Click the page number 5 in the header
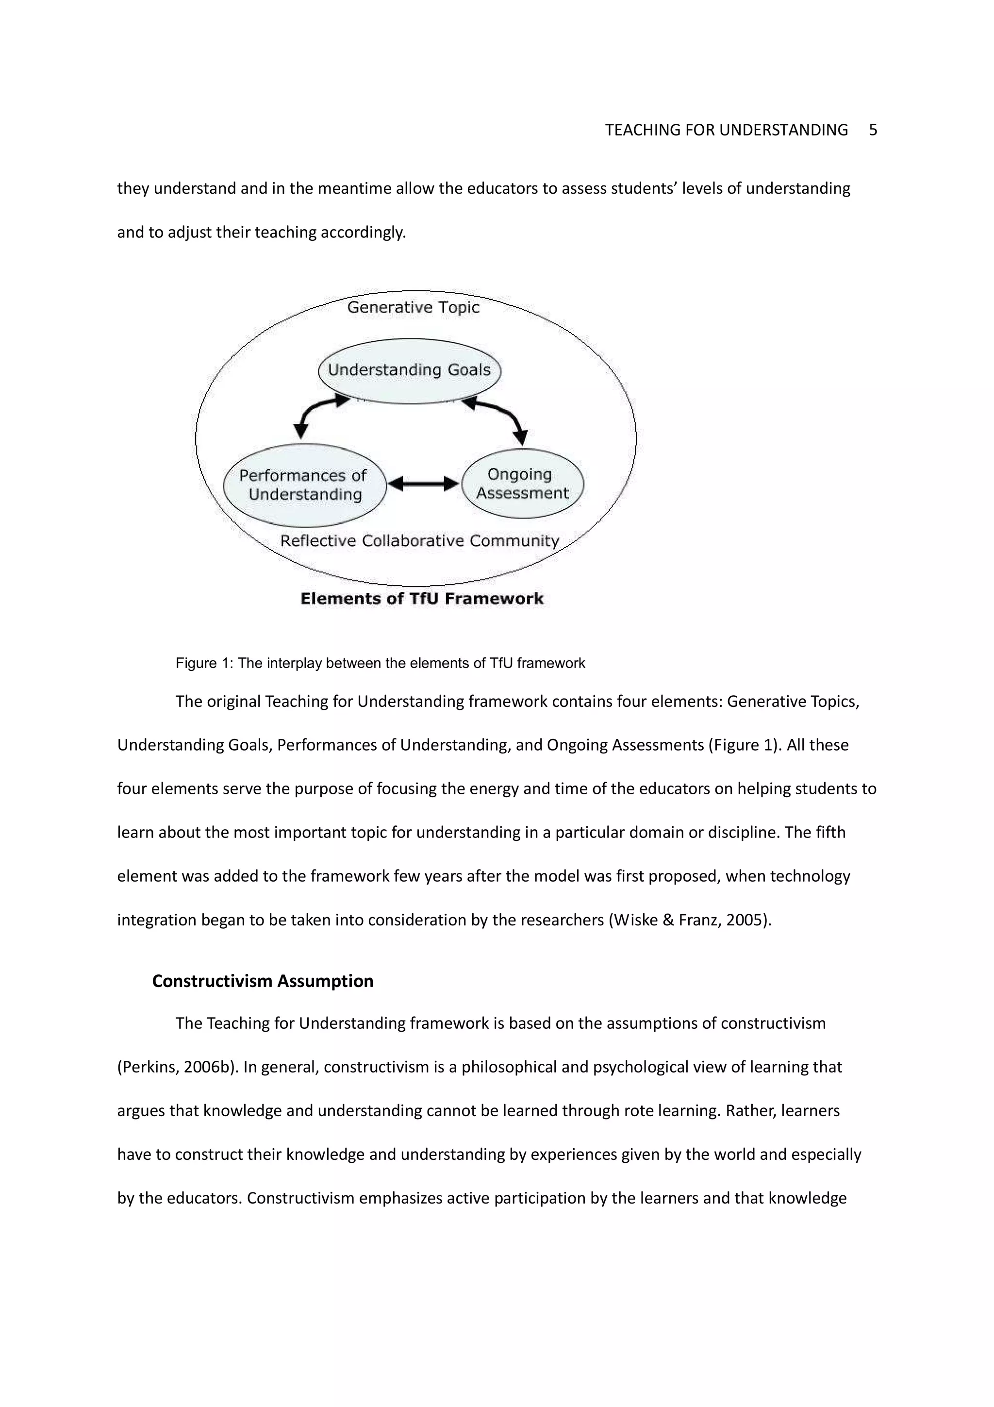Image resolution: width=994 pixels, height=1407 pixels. point(873,130)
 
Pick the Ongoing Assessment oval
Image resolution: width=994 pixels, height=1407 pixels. point(522,484)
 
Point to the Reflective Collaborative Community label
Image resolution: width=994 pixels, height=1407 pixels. point(419,540)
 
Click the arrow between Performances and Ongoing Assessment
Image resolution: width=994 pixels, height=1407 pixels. point(423,484)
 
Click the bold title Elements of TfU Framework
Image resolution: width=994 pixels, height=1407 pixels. point(421,599)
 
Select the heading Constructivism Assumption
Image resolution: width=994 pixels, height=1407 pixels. point(262,981)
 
